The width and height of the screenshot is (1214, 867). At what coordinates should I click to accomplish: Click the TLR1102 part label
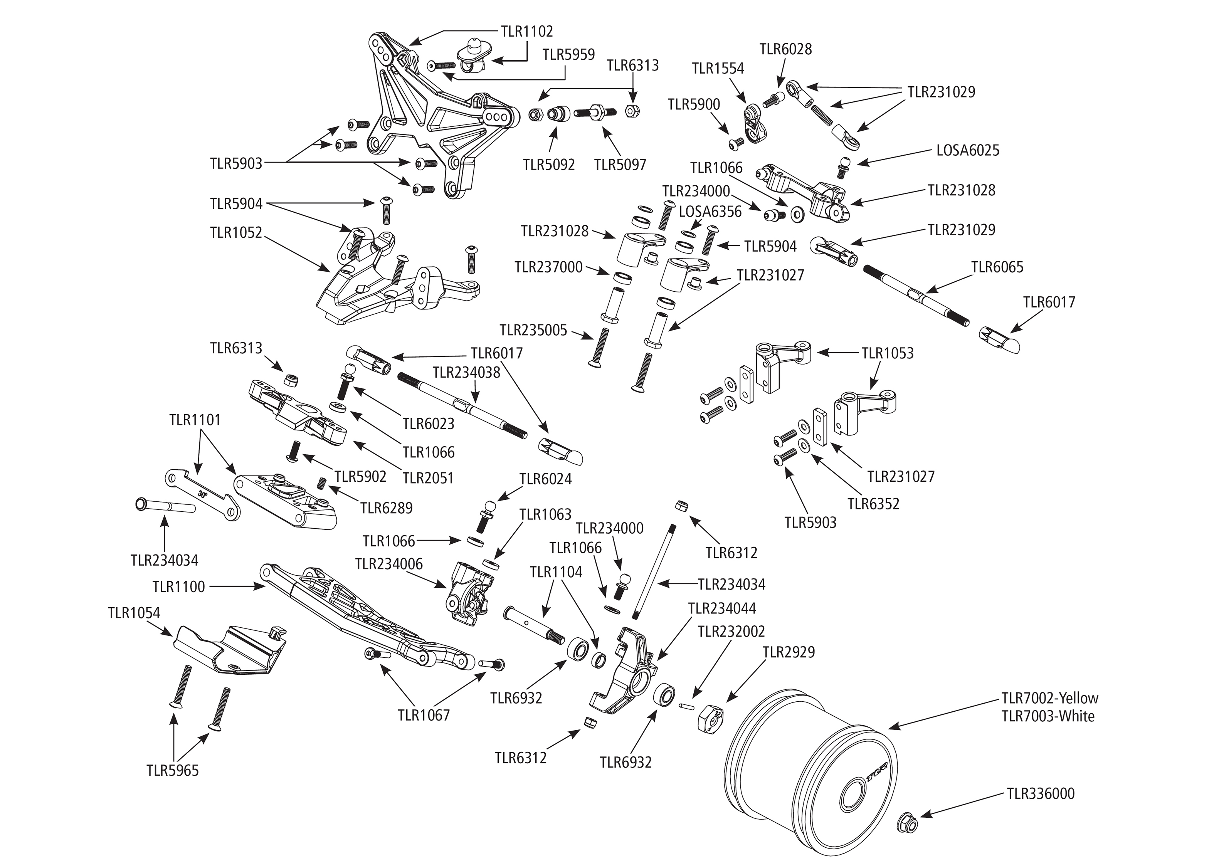(526, 32)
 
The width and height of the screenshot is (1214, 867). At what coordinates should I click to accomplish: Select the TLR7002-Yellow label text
(1049, 698)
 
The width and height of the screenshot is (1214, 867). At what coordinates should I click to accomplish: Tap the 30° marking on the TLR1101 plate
(202, 494)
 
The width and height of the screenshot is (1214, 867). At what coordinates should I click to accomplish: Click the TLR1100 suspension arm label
(179, 587)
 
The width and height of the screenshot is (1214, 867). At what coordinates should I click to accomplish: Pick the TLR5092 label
(549, 165)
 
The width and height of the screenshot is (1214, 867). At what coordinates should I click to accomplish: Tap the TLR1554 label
(718, 68)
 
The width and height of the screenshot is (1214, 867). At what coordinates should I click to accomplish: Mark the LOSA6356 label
(710, 212)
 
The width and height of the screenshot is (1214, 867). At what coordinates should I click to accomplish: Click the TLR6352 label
(873, 503)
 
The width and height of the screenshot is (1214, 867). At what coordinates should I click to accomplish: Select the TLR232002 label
(731, 631)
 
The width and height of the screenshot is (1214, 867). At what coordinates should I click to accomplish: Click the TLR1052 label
(236, 233)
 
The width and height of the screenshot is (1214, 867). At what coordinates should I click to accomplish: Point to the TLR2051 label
(428, 478)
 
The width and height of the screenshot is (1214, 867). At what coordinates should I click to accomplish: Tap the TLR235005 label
(533, 330)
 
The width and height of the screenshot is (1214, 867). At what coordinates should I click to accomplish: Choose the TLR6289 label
(386, 508)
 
